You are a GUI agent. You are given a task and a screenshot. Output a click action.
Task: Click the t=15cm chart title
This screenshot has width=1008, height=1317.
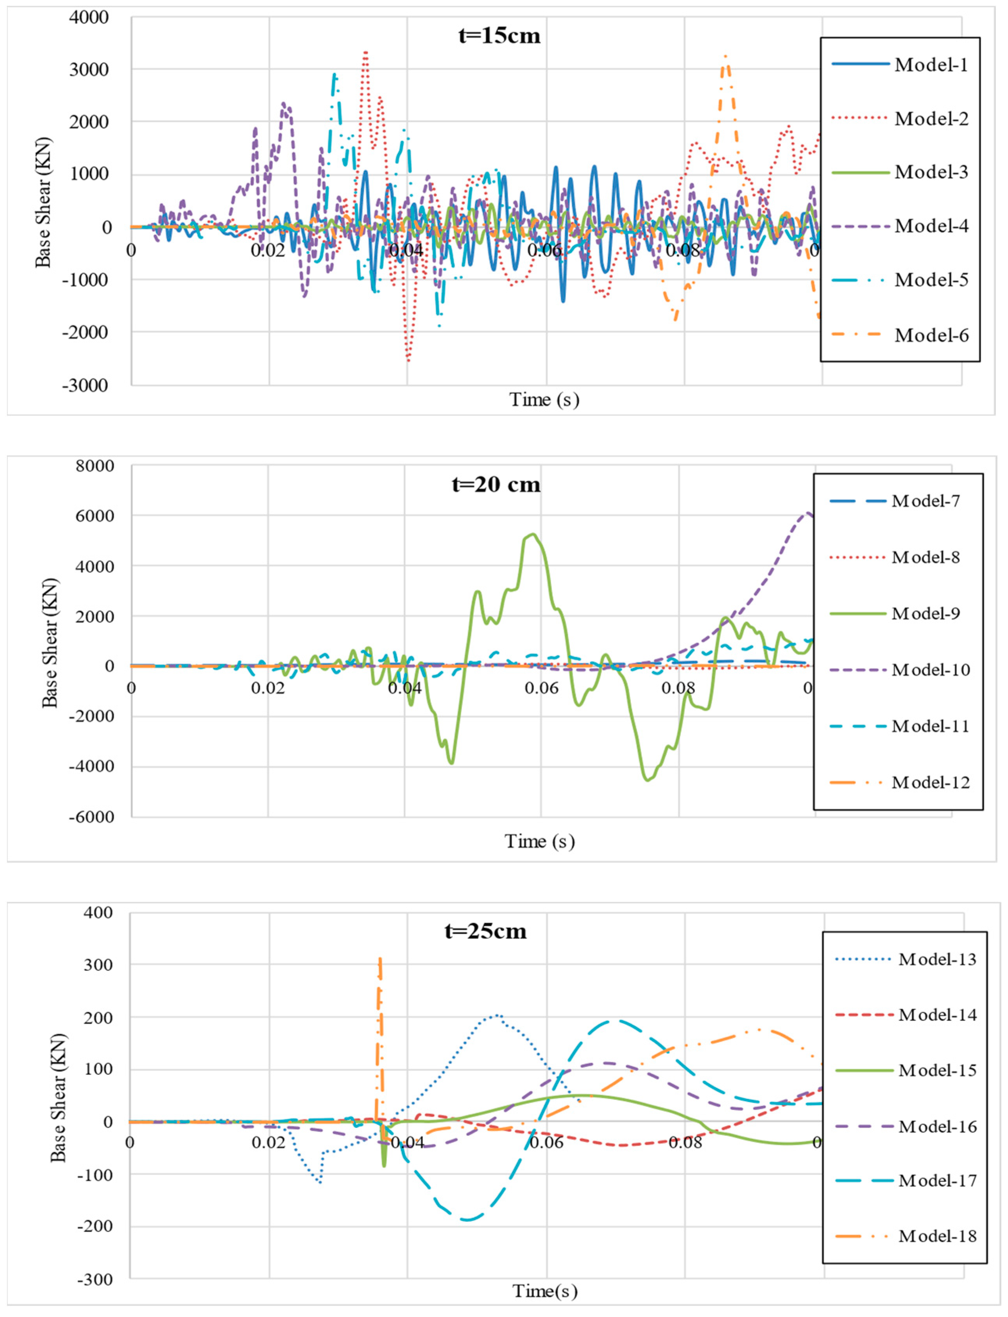(x=499, y=36)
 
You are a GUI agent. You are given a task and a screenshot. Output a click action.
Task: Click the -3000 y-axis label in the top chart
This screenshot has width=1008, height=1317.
(x=85, y=385)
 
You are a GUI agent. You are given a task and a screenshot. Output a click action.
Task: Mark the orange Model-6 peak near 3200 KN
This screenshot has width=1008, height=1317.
(x=726, y=57)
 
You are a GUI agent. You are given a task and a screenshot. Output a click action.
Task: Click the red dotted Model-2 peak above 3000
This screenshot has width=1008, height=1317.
(x=365, y=53)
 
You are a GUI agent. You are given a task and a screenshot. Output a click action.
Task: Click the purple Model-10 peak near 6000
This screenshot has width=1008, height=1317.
(x=808, y=513)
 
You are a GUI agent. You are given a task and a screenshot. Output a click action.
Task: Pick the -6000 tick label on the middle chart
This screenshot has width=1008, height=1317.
(x=91, y=817)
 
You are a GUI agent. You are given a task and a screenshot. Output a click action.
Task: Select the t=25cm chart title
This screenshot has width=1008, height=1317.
(x=485, y=931)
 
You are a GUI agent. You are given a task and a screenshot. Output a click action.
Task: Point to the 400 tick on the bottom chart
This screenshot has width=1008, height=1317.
(x=98, y=913)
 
